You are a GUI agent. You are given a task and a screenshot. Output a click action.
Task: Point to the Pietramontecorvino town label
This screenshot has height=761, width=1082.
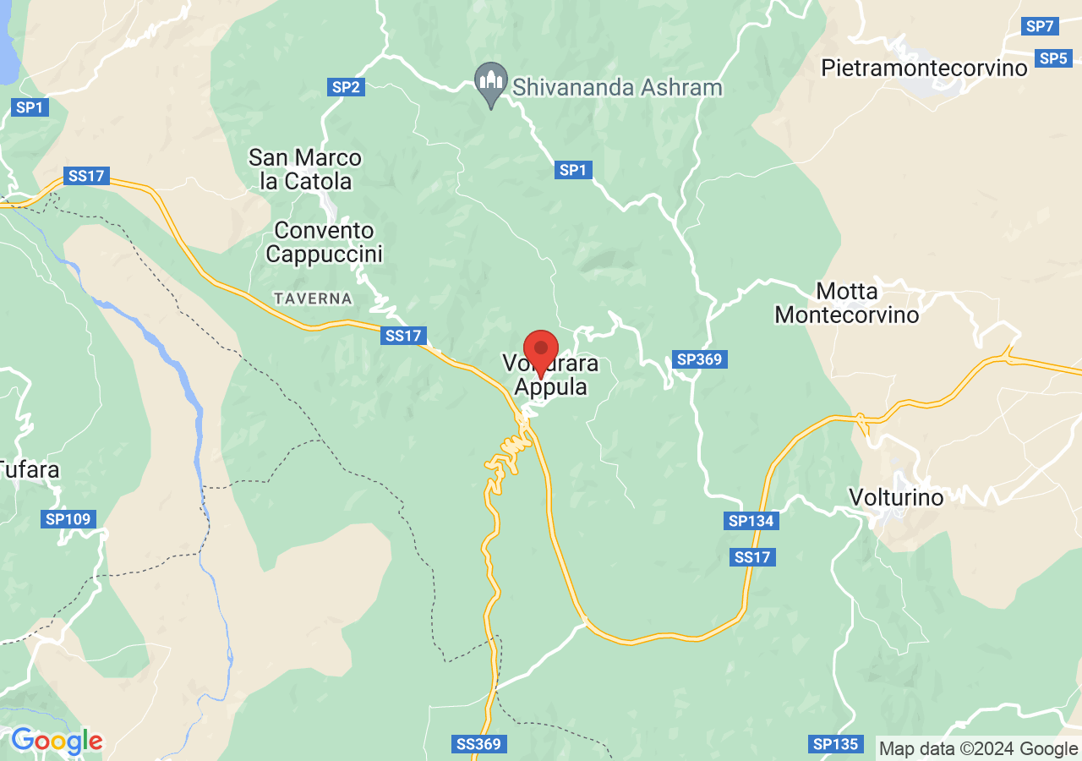tap(925, 68)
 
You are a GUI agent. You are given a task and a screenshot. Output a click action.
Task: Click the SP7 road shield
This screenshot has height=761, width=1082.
tap(1039, 26)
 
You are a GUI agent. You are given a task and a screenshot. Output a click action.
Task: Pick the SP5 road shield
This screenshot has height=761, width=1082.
tap(1053, 58)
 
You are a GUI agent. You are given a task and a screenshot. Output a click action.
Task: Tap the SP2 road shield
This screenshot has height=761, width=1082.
tap(346, 86)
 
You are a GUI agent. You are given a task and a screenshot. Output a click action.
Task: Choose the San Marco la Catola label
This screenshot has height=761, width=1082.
tap(304, 169)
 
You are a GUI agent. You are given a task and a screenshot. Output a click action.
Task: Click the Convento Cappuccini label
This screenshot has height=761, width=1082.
tap(324, 242)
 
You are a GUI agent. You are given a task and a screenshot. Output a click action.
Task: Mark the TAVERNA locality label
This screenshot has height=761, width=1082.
tap(313, 298)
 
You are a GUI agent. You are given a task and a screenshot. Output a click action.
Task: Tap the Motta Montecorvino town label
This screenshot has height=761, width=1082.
tap(847, 303)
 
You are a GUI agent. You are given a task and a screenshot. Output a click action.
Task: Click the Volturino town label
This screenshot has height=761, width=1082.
tap(896, 497)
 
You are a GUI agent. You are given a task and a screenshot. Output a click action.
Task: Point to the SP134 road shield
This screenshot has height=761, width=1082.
tap(751, 521)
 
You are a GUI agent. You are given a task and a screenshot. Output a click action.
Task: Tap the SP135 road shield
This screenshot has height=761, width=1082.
tap(836, 744)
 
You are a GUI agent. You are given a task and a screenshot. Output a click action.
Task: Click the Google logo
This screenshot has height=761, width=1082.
tap(57, 741)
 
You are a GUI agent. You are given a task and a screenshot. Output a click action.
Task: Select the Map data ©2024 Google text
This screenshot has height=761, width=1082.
tap(978, 748)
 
